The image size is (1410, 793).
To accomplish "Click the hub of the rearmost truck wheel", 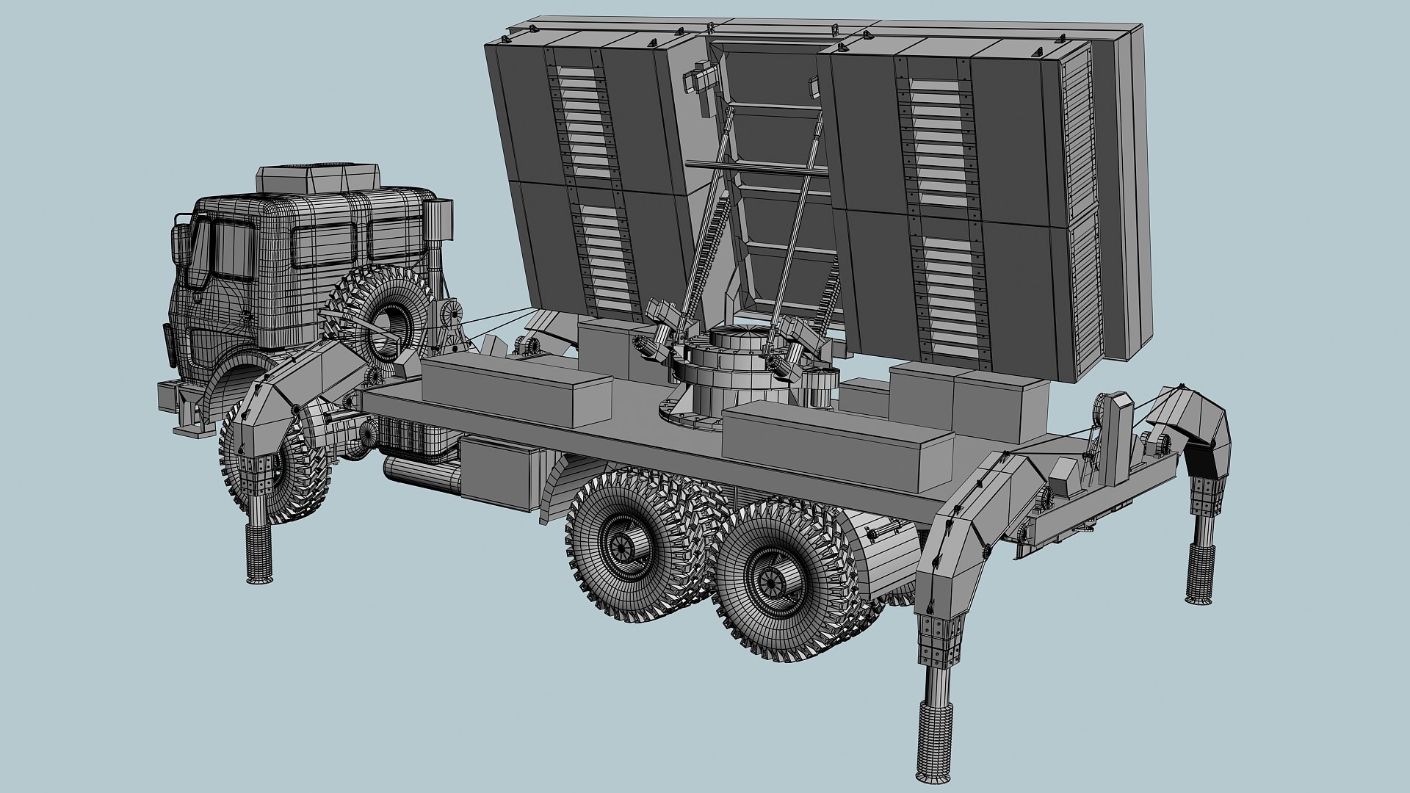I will [773, 582].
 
